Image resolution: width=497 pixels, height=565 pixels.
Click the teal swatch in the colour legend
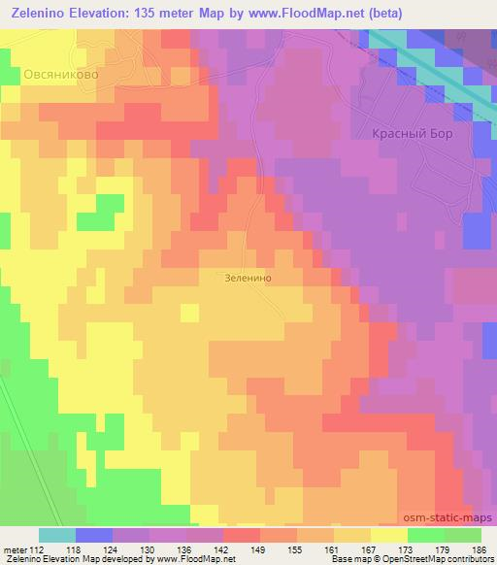coord(57,535)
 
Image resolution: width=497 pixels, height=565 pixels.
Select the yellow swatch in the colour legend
coord(389,535)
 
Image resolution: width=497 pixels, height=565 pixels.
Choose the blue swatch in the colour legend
coord(94,535)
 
